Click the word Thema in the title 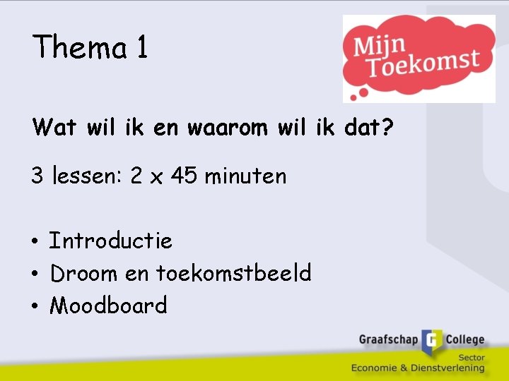point(80,47)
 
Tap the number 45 point(184,175)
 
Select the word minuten point(245,175)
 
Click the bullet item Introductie point(111,241)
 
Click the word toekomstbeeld point(233,272)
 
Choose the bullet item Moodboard point(109,305)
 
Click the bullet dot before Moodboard point(35,306)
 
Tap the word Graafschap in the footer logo point(389,339)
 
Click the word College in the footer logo point(464,339)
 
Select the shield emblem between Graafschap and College point(431,341)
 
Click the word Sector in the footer point(471,358)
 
